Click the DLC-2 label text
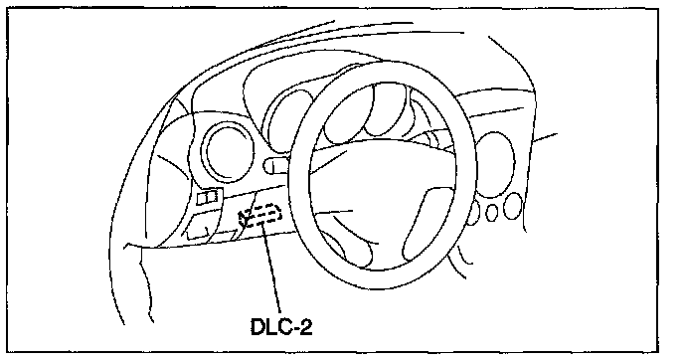coord(281,326)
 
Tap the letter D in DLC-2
coord(257,326)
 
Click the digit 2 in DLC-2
coord(306,326)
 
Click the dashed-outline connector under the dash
coord(260,216)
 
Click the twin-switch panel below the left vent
coord(208,197)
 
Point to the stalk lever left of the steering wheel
coord(275,165)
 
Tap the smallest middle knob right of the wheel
coord(491,213)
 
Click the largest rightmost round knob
coord(513,207)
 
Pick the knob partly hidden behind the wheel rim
coord(474,213)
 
